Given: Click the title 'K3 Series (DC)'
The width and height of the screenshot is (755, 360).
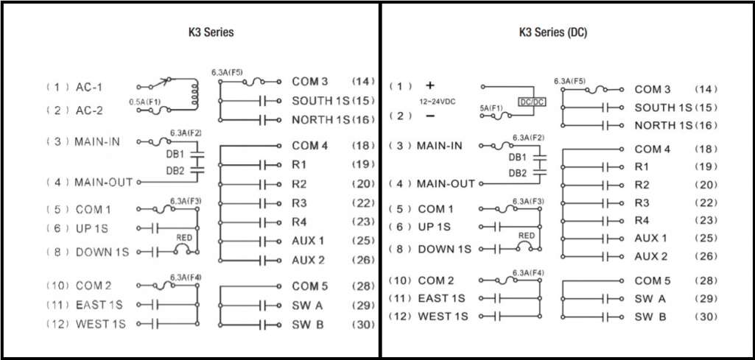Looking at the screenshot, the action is click(x=552, y=32).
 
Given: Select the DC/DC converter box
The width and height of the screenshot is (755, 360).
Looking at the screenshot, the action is click(x=532, y=102).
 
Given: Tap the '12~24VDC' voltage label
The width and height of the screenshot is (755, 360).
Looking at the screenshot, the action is click(x=438, y=102).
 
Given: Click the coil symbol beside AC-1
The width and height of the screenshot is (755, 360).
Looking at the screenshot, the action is click(x=195, y=93).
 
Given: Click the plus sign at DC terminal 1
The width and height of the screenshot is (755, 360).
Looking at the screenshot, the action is click(x=430, y=85).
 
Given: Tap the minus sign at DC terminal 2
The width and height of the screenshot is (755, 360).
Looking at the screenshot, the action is click(x=430, y=116).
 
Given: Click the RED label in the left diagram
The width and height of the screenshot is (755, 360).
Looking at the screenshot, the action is click(x=184, y=237).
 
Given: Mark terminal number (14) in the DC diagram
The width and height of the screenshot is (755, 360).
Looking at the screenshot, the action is click(x=706, y=90).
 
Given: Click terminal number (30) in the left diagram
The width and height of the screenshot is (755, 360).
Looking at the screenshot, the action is click(x=364, y=325).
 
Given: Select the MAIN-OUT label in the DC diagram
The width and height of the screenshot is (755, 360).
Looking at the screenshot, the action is click(x=446, y=184).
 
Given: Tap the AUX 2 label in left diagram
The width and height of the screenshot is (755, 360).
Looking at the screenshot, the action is click(x=308, y=261).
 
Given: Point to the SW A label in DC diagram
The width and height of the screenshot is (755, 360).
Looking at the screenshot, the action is click(x=650, y=299).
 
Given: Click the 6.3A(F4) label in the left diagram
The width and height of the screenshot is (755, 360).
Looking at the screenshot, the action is click(x=186, y=278).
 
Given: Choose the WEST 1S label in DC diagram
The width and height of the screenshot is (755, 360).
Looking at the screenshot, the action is click(x=443, y=317).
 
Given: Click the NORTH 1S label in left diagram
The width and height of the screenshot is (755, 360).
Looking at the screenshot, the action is click(x=320, y=120).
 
